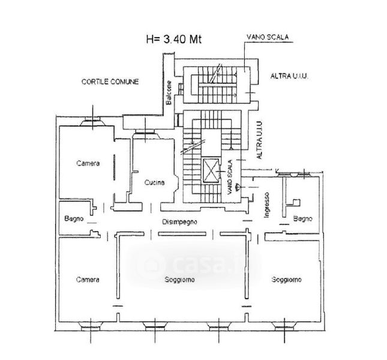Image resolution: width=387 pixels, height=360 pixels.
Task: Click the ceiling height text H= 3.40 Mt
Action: pyautogui.click(x=174, y=39)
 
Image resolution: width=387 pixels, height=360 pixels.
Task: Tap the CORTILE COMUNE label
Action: pyautogui.click(x=110, y=82)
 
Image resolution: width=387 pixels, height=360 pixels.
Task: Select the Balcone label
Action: pyautogui.click(x=169, y=92)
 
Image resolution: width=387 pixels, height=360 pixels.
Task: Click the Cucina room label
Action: pyautogui.click(x=154, y=182)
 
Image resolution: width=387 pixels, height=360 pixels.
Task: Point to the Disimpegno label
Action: pyautogui.click(x=179, y=222)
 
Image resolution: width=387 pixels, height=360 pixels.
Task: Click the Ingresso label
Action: pyautogui.click(x=266, y=205)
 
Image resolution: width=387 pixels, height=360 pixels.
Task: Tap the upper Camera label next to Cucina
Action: pyautogui.click(x=88, y=163)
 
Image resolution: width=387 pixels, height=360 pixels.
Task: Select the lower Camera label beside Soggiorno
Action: pyautogui.click(x=88, y=280)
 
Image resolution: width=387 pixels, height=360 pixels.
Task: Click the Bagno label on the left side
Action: pyautogui.click(x=74, y=218)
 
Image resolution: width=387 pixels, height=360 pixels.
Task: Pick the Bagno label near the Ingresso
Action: pyautogui.click(x=302, y=218)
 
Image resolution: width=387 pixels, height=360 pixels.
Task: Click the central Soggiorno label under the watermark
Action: pyautogui.click(x=179, y=280)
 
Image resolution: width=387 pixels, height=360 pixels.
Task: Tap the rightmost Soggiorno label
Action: pyautogui.click(x=286, y=280)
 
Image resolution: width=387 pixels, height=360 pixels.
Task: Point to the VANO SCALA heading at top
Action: pyautogui.click(x=268, y=37)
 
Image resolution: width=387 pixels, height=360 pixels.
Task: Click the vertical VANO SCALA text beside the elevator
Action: pyautogui.click(x=230, y=177)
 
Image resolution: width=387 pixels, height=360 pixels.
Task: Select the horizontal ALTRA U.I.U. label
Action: pyautogui.click(x=290, y=76)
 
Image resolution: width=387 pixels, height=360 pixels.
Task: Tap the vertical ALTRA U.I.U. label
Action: pyautogui.click(x=259, y=140)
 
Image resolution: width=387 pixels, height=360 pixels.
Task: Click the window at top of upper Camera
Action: pyautogui.click(x=92, y=121)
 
